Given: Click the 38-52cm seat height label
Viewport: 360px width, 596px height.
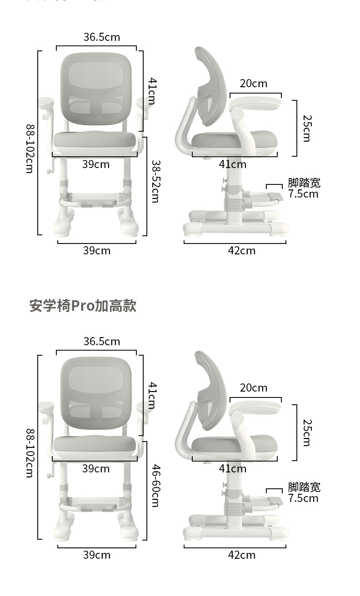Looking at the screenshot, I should [x=155, y=181].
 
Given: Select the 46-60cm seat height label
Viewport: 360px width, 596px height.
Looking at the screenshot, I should [x=155, y=486].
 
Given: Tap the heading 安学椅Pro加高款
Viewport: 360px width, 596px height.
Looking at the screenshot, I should [x=83, y=306].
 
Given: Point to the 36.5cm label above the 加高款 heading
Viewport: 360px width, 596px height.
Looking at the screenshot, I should [x=101, y=37].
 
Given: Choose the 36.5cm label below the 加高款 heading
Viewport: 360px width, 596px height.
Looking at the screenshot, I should [x=101, y=341].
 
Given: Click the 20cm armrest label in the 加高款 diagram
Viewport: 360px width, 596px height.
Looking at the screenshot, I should [x=254, y=388].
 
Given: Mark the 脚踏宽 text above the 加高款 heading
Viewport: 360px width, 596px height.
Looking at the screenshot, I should [x=304, y=183].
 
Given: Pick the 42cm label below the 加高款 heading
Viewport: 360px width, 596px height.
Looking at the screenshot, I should [x=242, y=555].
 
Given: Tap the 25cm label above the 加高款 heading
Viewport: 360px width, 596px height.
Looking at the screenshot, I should [x=306, y=128].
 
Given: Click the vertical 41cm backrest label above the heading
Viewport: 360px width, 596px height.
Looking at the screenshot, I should [x=152, y=91].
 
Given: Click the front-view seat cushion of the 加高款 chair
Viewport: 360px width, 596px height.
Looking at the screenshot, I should [x=95, y=446].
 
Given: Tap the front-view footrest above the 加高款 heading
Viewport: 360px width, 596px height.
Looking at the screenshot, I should [x=95, y=198].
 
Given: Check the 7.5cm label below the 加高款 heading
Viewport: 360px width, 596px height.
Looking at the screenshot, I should [x=303, y=498].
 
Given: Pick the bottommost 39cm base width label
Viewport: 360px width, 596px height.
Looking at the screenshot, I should [x=97, y=555].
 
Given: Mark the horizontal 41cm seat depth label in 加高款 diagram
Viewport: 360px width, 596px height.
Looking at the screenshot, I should [x=232, y=469].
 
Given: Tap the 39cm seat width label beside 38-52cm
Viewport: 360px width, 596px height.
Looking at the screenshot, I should [x=96, y=164].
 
